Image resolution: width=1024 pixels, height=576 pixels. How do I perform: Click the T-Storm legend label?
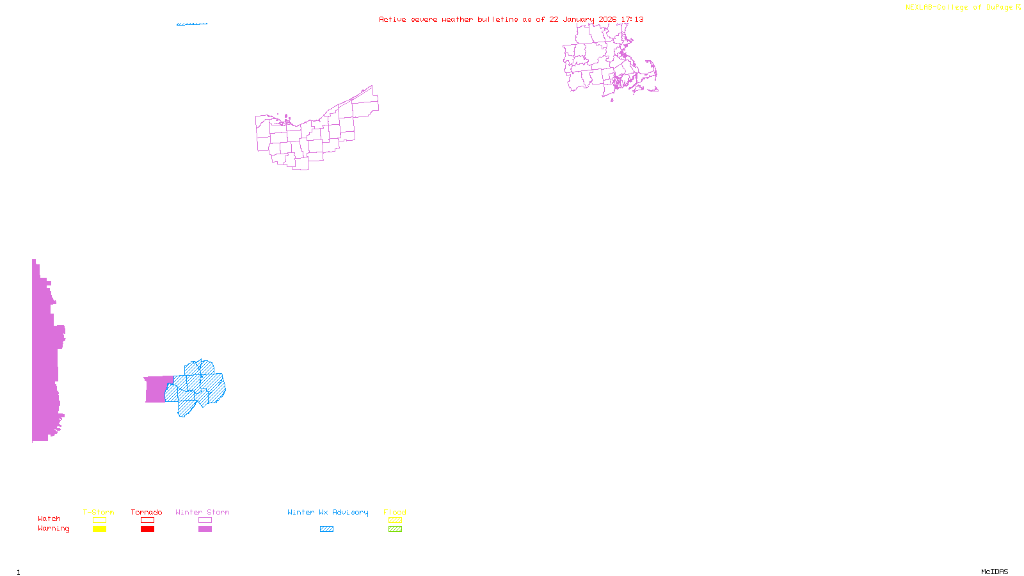(x=99, y=512)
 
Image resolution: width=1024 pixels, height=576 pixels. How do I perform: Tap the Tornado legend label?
(x=147, y=512)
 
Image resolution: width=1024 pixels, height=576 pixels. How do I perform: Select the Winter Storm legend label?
(x=202, y=512)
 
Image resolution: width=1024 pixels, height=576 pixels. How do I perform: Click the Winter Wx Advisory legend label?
(x=328, y=512)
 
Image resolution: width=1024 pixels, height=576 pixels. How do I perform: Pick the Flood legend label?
(x=395, y=512)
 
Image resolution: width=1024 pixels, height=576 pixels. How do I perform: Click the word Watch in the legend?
(x=49, y=518)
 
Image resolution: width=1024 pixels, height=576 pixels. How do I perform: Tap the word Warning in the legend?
(x=53, y=529)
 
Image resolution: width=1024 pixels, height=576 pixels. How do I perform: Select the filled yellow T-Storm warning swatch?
(x=99, y=529)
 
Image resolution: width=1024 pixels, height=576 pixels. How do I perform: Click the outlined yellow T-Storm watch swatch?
(x=99, y=520)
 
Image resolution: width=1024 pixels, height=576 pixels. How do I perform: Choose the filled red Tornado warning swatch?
(x=147, y=529)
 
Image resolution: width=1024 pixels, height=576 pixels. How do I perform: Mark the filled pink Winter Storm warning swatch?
(x=205, y=529)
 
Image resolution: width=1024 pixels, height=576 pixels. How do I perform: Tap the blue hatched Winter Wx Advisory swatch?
(x=326, y=529)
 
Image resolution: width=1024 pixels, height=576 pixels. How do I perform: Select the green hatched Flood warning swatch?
(x=395, y=529)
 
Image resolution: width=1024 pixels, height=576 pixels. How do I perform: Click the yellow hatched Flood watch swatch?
(x=395, y=520)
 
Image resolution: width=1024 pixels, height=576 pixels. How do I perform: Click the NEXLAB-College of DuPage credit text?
(x=960, y=8)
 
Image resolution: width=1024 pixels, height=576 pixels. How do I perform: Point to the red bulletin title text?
(x=511, y=19)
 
